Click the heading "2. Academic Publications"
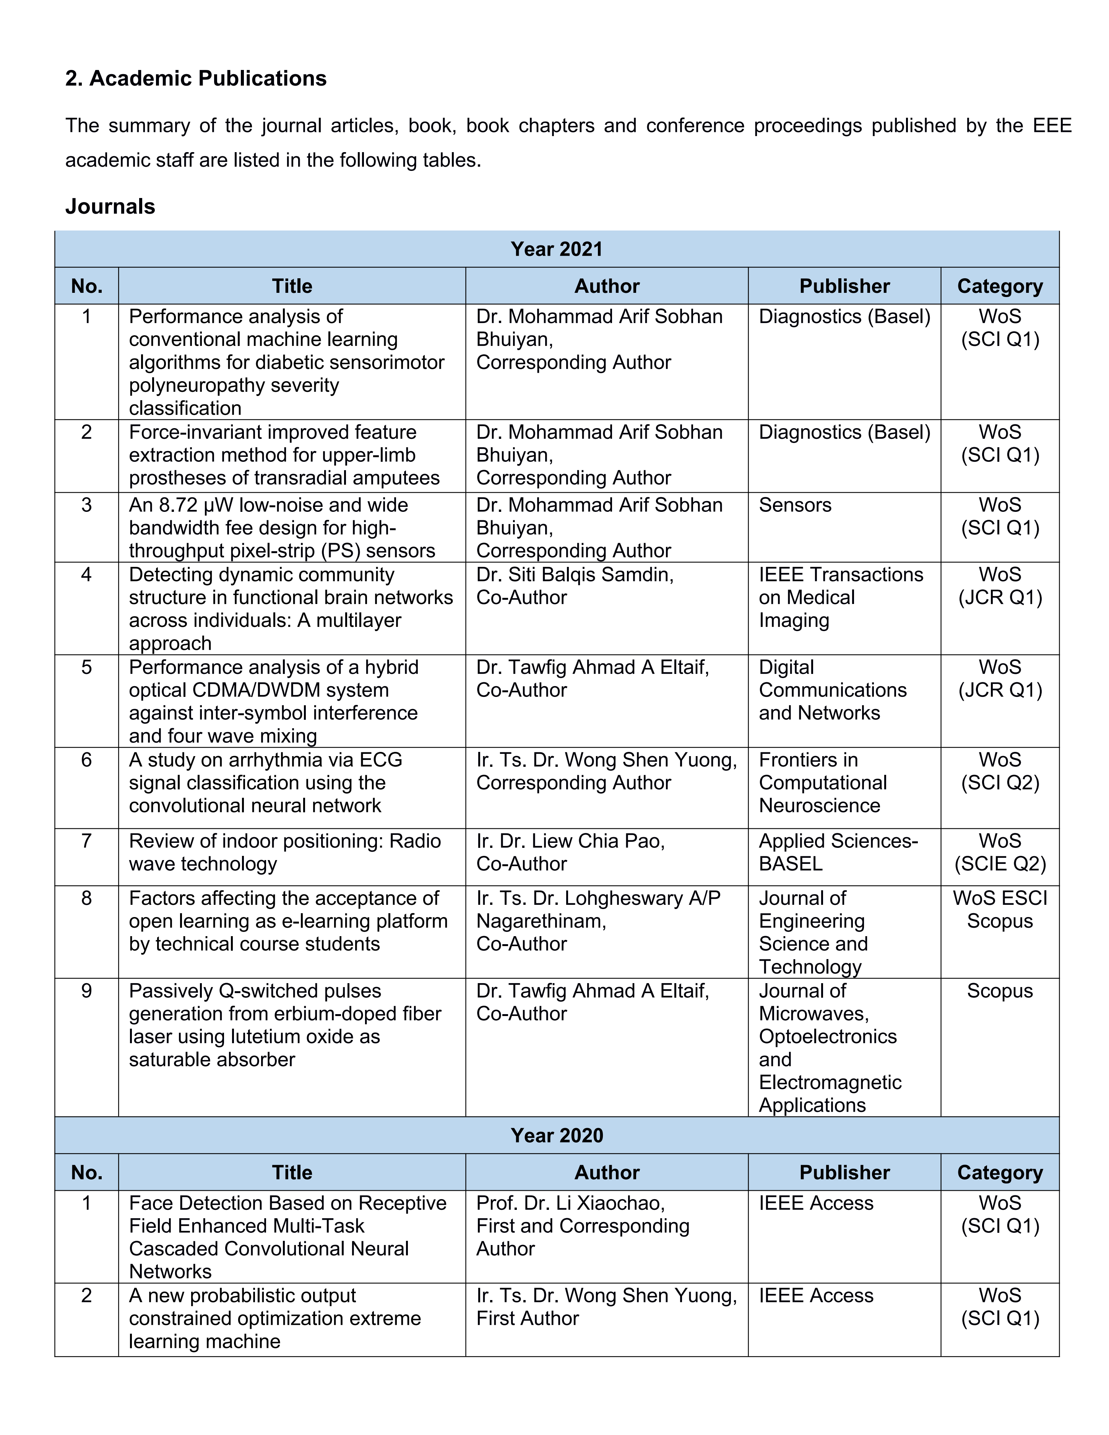[x=196, y=78]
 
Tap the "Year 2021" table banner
[x=557, y=249]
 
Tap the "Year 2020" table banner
[x=557, y=1135]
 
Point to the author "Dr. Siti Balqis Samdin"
[x=575, y=575]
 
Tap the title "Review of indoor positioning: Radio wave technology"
[x=284, y=852]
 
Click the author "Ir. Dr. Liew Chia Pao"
[x=570, y=841]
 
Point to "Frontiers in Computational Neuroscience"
[x=823, y=782]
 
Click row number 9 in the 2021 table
[x=86, y=991]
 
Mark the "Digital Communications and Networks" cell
[x=832, y=690]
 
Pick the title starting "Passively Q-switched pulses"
[x=284, y=1025]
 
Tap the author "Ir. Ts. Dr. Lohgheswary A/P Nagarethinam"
[x=598, y=909]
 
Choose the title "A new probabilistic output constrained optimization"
[x=274, y=1318]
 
